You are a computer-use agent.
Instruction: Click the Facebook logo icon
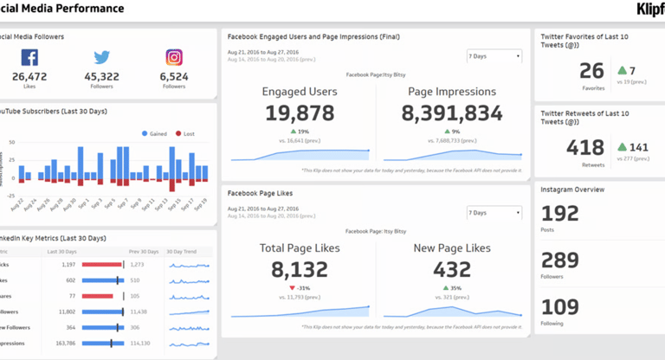click(x=29, y=58)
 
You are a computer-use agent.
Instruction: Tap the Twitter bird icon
click(x=102, y=58)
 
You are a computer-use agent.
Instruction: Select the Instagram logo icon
click(x=174, y=58)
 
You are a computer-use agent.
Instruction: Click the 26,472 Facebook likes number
click(x=29, y=77)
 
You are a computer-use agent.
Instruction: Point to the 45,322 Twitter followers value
click(x=102, y=77)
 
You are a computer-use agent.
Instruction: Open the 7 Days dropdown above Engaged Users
click(x=494, y=56)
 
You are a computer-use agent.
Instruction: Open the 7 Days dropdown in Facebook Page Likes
click(x=494, y=213)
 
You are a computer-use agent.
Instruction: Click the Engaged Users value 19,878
click(x=300, y=113)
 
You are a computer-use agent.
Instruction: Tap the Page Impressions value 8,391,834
click(x=452, y=113)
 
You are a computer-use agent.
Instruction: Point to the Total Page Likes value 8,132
click(x=300, y=270)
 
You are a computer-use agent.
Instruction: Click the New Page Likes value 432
click(x=451, y=270)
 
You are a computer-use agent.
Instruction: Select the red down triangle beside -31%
click(x=293, y=288)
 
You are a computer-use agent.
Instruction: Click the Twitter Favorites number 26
click(x=592, y=71)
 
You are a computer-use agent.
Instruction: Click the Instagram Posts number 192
click(x=558, y=215)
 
